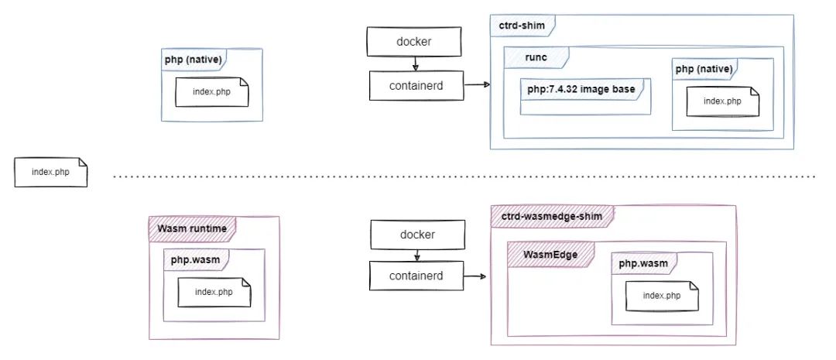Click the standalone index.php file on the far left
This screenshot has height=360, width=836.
pyautogui.click(x=50, y=172)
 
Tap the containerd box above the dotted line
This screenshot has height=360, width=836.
pyautogui.click(x=416, y=85)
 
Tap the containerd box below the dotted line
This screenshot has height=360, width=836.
pyautogui.click(x=416, y=275)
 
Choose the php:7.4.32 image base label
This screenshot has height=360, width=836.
pyautogui.click(x=582, y=90)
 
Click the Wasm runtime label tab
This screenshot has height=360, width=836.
pyautogui.click(x=191, y=228)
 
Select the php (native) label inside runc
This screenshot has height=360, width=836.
pyautogui.click(x=703, y=70)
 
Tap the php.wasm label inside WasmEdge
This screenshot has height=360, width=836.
pyautogui.click(x=642, y=263)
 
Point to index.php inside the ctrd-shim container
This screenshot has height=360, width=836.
pyautogui.click(x=721, y=101)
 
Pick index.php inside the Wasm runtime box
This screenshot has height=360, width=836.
pyautogui.click(x=214, y=292)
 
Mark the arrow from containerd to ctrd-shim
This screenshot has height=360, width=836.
pyautogui.click(x=477, y=84)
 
